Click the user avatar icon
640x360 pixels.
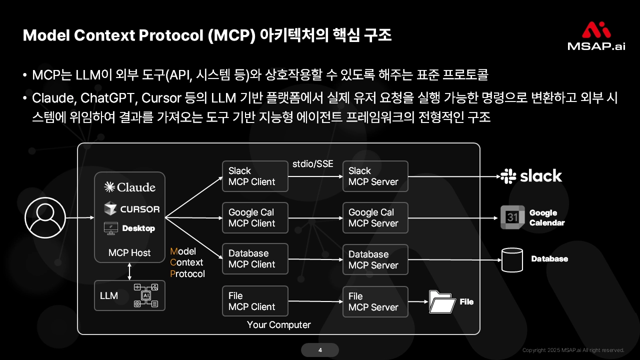(45, 217)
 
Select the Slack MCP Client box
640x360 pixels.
(255, 176)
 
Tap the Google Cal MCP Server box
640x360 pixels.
(375, 218)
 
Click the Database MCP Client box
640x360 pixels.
(255, 259)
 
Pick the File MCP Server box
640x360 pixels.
(375, 301)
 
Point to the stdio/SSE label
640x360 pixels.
(312, 164)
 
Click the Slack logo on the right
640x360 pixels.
(531, 176)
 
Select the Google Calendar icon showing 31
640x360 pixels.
(512, 217)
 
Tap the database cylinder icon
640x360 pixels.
(511, 260)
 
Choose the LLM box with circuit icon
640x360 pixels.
(129, 295)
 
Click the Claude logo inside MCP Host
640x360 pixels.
(129, 187)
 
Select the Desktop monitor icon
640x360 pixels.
(110, 228)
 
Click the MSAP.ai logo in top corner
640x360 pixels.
(596, 36)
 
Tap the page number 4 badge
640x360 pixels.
(320, 350)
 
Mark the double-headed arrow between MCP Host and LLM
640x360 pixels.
(130, 271)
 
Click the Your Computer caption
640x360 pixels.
(278, 325)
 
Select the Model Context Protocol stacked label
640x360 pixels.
(187, 262)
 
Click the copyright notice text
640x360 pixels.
(573, 350)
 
